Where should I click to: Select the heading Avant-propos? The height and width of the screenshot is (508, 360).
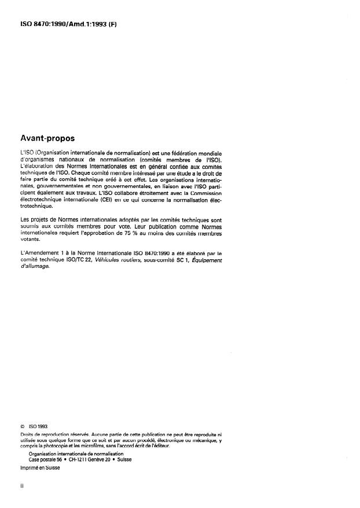point(48,139)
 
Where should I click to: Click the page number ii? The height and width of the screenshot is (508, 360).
point(21,487)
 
